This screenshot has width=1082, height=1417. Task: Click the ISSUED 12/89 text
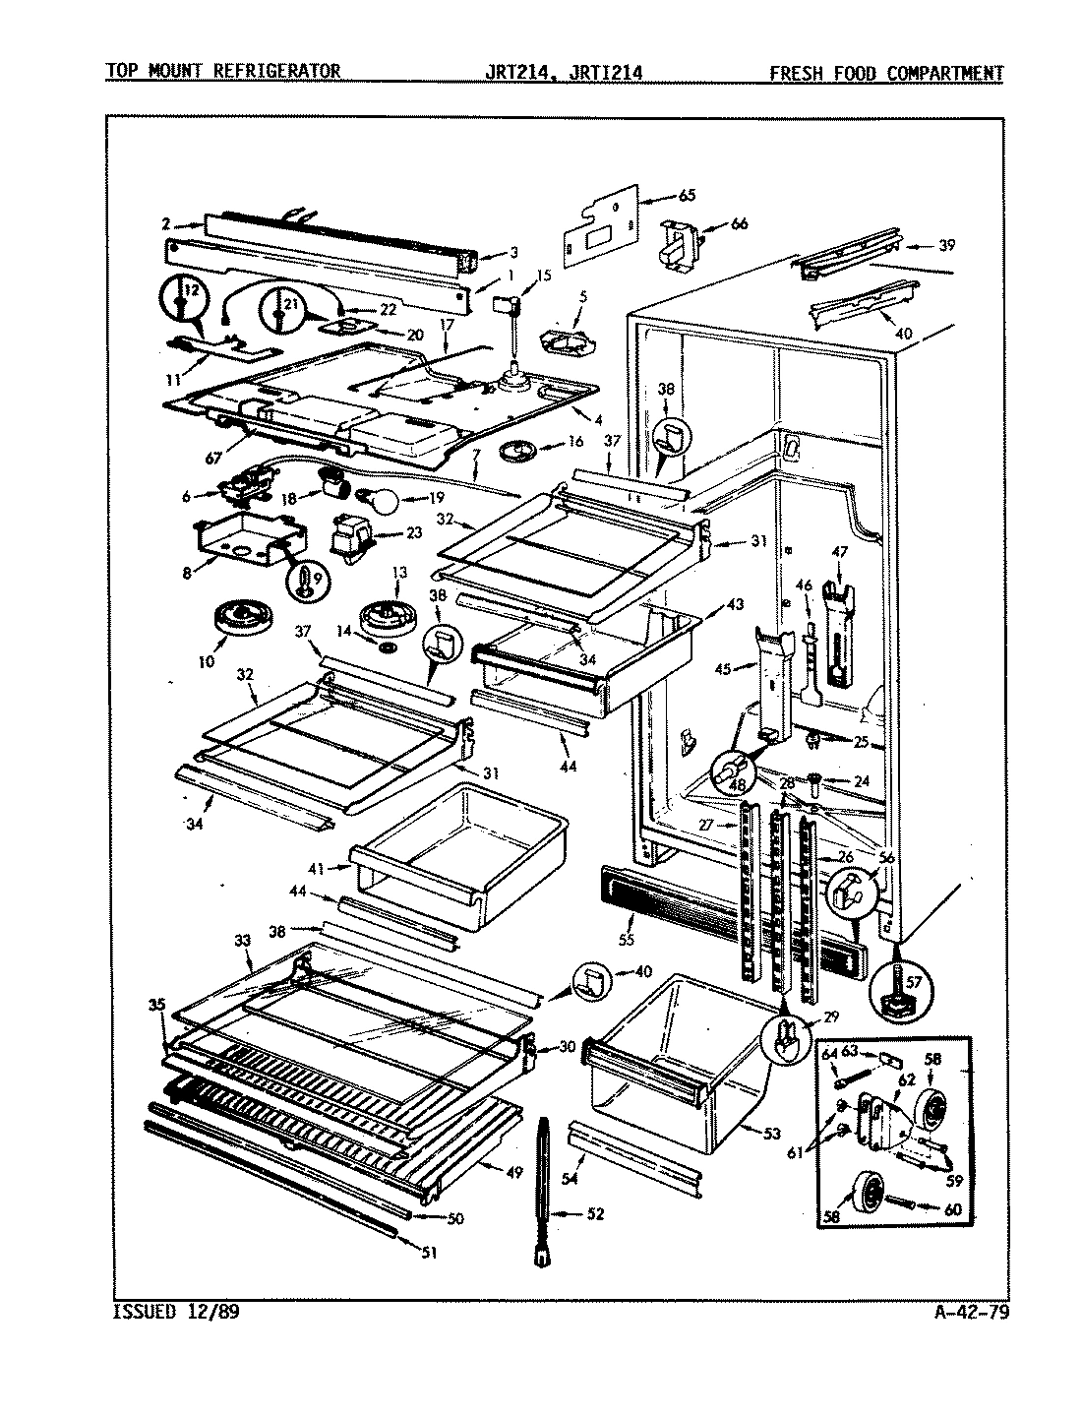[x=176, y=1312]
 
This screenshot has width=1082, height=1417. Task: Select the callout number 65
[x=686, y=195]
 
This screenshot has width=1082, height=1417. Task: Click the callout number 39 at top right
[x=946, y=245]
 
